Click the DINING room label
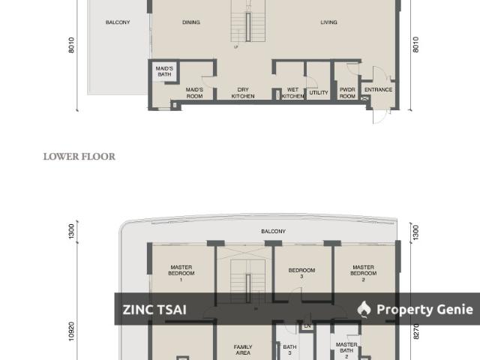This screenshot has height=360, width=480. tap(191, 22)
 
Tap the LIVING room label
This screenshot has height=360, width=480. tap(328, 22)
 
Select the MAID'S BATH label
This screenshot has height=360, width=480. tap(164, 71)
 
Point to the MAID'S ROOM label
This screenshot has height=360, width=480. tap(194, 93)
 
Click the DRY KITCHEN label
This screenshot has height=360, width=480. tap(242, 93)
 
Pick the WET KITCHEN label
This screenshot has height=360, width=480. tap(292, 93)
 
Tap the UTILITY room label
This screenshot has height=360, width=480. tap(319, 93)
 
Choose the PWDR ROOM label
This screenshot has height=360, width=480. tap(346, 93)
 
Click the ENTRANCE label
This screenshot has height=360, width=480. tap(378, 90)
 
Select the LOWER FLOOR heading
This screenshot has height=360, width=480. tap(79, 157)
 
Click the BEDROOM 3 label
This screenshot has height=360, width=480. tap(301, 273)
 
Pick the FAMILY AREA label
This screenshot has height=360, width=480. tap(242, 350)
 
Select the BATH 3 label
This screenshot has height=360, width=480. tap(289, 350)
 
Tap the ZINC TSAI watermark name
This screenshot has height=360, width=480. tap(154, 310)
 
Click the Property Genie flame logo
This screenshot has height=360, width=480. tap(364, 309)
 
